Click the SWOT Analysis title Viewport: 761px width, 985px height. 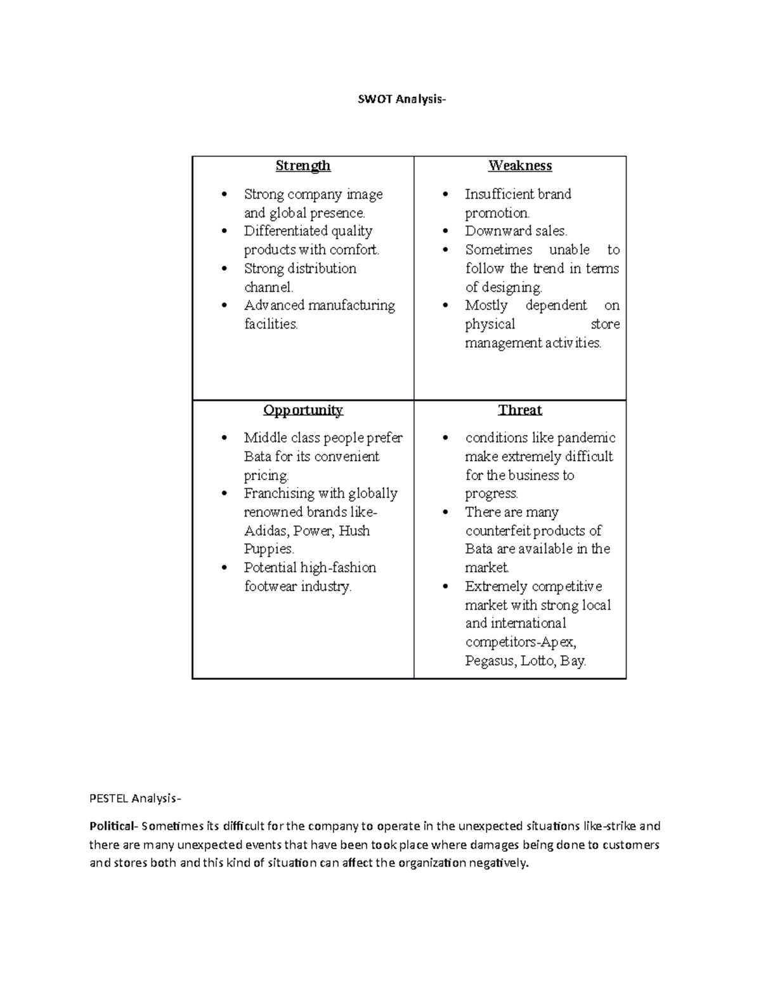tap(399, 100)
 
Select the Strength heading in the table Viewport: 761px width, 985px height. tap(302, 166)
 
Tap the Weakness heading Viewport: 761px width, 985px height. tap(520, 166)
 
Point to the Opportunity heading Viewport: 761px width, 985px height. tap(302, 410)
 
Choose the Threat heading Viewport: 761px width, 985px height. tap(520, 410)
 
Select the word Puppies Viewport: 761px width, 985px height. tap(268, 549)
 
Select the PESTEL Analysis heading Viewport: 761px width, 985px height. tap(135, 799)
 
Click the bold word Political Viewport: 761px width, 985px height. tap(112, 826)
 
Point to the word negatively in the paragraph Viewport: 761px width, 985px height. tap(498, 863)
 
